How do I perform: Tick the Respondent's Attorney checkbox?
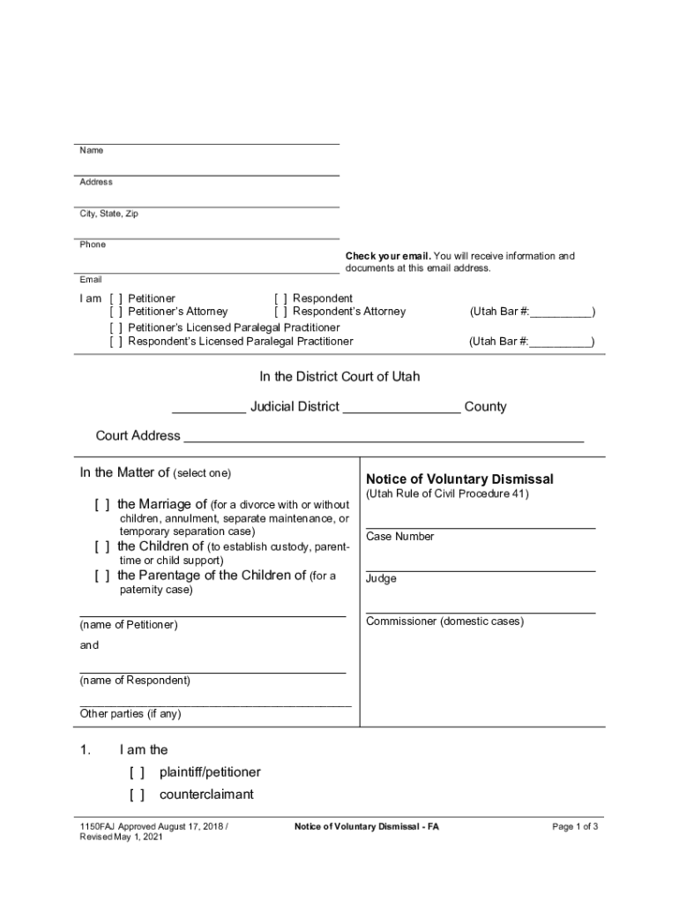[x=281, y=312]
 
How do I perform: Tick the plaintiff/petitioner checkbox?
[x=137, y=772]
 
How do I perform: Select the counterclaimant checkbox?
[x=137, y=795]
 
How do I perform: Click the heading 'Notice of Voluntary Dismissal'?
[x=459, y=479]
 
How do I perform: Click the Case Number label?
[x=399, y=537]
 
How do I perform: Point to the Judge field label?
[x=381, y=579]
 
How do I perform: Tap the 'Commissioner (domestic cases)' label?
[x=444, y=621]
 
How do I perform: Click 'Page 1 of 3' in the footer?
[x=575, y=827]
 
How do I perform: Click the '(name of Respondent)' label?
[x=135, y=681]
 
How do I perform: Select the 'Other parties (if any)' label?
[x=130, y=713]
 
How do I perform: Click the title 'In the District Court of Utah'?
[x=339, y=377]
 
